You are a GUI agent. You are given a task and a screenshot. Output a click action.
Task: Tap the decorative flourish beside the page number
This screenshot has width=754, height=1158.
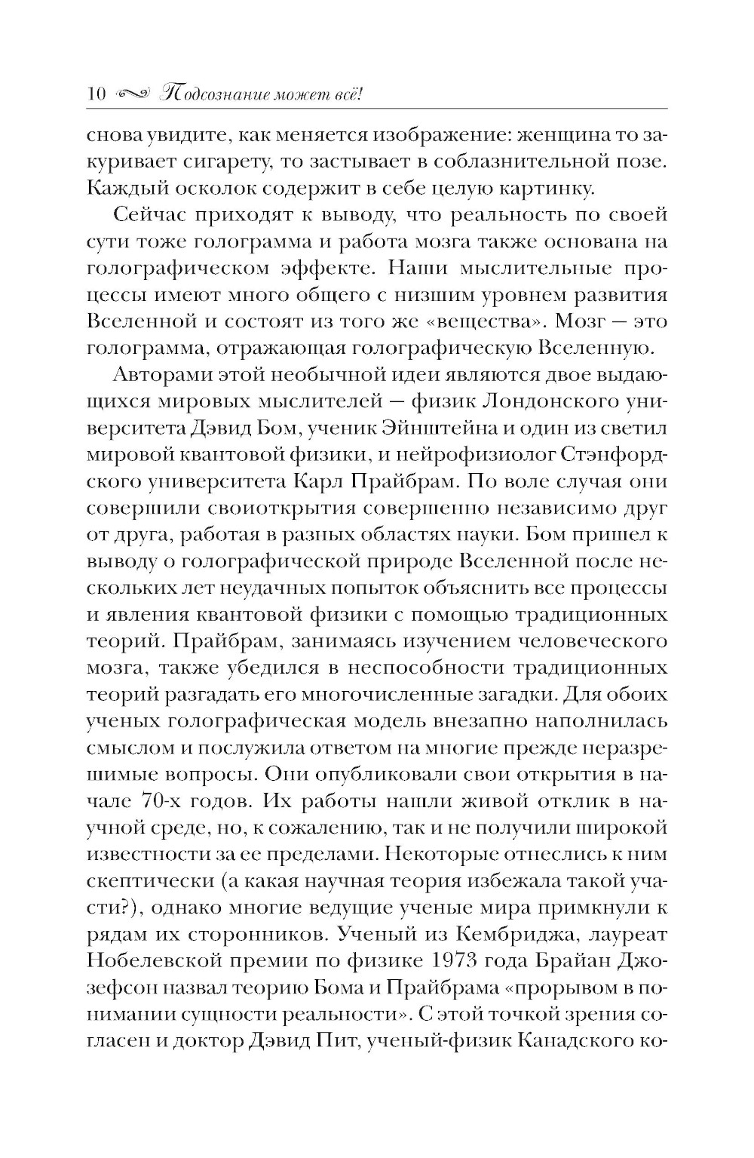click(136, 94)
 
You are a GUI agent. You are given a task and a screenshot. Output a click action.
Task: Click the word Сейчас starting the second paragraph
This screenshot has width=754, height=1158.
click(154, 215)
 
